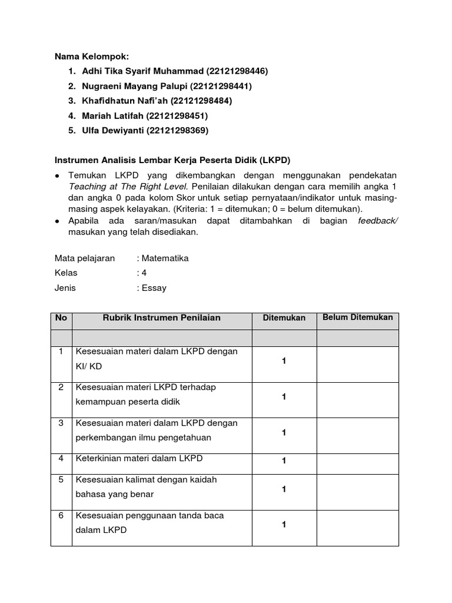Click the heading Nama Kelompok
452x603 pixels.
pos(91,57)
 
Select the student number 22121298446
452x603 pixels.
pos(237,71)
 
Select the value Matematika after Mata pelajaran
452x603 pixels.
pos(165,259)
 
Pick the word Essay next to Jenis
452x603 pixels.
pos(154,288)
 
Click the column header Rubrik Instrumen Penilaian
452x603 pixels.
pos(161,318)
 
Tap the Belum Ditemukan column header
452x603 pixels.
pos(358,317)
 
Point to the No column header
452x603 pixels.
pos(61,318)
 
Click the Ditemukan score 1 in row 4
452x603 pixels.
pos(284,461)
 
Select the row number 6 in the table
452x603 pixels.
pos(61,515)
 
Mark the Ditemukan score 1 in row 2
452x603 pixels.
pos(284,397)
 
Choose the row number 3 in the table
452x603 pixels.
pos(61,423)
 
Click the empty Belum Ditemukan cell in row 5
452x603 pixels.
pos(358,489)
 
